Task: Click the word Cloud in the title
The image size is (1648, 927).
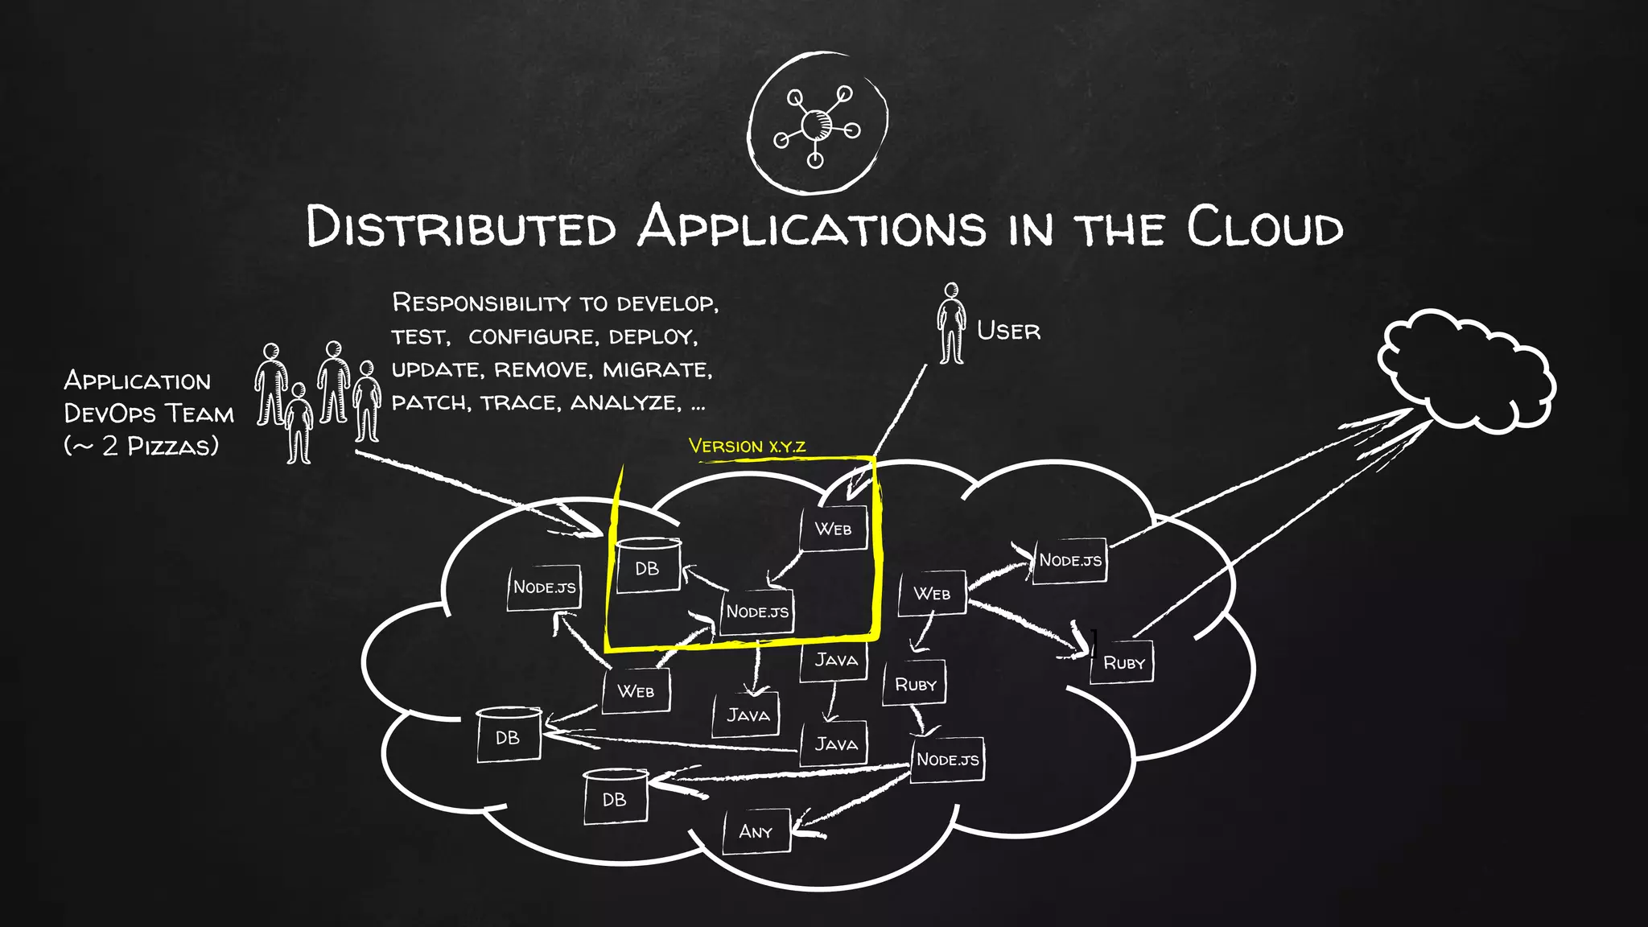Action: point(1264,228)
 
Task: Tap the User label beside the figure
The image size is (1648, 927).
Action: point(1007,331)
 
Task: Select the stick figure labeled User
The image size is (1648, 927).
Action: point(951,323)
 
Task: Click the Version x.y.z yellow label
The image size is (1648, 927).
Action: point(747,446)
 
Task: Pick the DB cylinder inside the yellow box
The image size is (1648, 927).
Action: point(648,566)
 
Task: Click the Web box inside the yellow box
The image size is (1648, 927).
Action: point(834,529)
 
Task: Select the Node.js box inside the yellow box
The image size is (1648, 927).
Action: point(757,612)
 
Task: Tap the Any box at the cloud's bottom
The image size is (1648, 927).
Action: point(755,831)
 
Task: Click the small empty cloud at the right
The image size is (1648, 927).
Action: point(1465,370)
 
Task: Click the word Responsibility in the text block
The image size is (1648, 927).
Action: point(480,303)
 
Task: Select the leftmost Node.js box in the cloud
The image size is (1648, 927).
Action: point(544,587)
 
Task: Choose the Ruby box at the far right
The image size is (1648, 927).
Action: point(1123,663)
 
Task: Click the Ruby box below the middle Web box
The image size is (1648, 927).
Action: point(915,684)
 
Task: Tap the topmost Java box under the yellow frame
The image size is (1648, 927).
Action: point(835,660)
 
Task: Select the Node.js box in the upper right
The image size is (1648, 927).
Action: point(1069,560)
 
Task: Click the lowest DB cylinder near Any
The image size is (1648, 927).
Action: point(615,798)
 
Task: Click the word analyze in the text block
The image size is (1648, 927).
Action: point(624,402)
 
